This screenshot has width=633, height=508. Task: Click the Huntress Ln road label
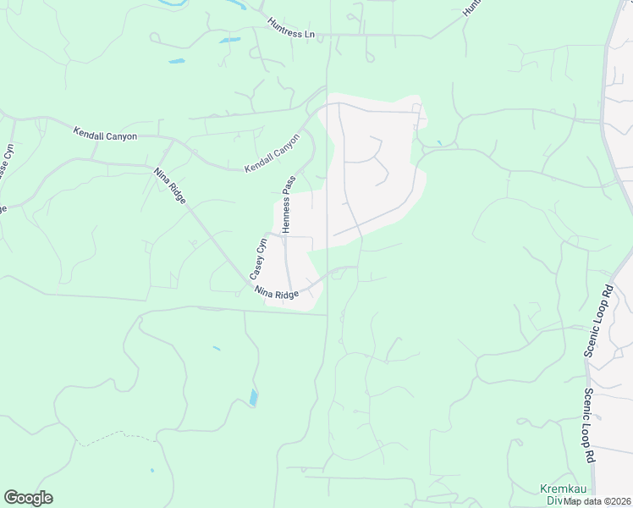coord(294,29)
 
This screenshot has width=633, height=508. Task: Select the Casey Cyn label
coord(257,259)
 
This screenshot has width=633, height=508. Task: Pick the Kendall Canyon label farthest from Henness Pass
coord(105,134)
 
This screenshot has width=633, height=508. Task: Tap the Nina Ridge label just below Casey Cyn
coord(277,292)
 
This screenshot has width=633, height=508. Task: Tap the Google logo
coord(28,498)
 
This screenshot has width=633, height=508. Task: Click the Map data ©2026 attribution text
coord(597,501)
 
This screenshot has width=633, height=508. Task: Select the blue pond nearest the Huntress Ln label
coord(229,40)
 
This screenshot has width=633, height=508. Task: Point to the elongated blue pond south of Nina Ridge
coord(254,396)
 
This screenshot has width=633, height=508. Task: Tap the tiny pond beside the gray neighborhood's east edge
coord(439,142)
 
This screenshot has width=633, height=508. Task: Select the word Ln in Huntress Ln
coord(316,35)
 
